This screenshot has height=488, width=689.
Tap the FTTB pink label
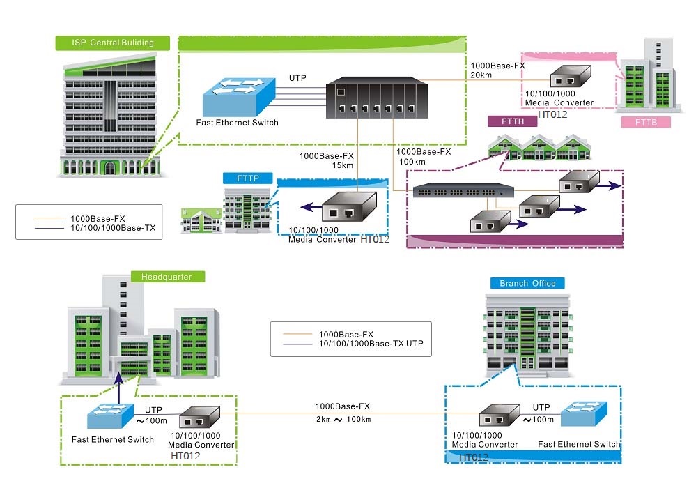pos(644,123)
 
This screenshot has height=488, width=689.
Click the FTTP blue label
pos(248,178)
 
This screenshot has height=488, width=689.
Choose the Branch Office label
pos(527,283)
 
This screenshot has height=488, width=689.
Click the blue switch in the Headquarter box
pos(109,417)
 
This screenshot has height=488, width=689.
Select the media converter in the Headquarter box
pos(200,418)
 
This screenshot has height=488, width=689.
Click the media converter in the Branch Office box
pos(498,417)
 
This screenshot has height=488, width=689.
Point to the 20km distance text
pos(482,75)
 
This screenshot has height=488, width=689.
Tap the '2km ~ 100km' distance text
pos(342,419)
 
